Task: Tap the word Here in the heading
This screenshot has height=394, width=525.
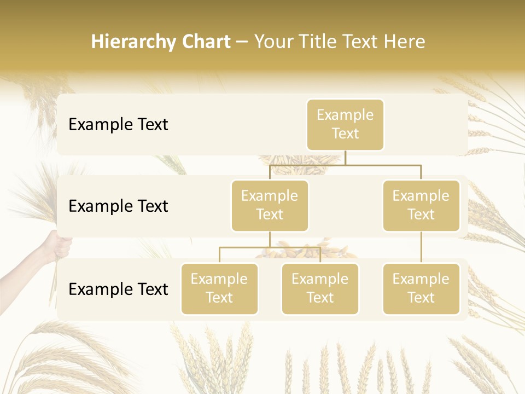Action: (x=405, y=42)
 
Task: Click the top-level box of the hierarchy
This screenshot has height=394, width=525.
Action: (x=345, y=125)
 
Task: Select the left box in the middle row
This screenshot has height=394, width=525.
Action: (x=270, y=206)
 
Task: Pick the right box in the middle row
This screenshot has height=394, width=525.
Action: (x=421, y=206)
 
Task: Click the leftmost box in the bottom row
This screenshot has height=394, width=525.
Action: (x=219, y=289)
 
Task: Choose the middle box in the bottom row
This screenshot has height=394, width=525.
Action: (x=320, y=289)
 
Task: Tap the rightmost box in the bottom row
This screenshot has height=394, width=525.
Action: (x=421, y=289)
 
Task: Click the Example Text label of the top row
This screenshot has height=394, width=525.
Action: (x=118, y=125)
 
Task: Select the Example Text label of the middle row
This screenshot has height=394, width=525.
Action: (x=118, y=206)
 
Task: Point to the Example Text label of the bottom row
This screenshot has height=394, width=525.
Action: (x=118, y=289)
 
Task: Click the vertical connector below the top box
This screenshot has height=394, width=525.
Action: (x=345, y=158)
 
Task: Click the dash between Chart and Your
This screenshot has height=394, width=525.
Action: (x=242, y=42)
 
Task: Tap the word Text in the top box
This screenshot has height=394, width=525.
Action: (x=345, y=134)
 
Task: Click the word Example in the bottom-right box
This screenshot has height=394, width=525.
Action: (x=421, y=279)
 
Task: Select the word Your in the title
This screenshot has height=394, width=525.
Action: (x=273, y=42)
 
